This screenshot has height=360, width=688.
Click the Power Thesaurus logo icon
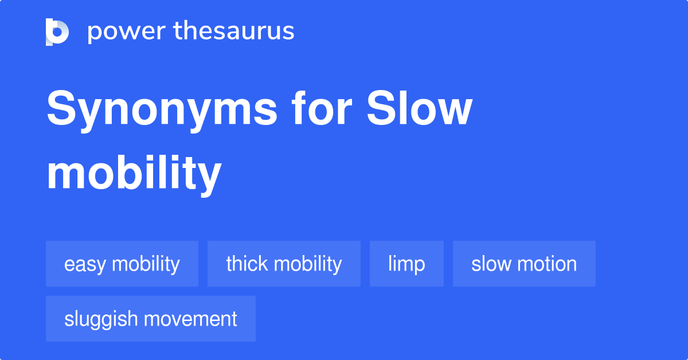(57, 32)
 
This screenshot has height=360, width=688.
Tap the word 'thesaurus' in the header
(234, 32)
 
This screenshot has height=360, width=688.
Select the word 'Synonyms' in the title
(162, 110)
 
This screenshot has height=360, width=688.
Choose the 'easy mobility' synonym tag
(122, 264)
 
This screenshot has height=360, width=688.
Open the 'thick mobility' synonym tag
(284, 264)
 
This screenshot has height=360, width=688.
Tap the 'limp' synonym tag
(406, 264)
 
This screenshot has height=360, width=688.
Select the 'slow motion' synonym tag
(524, 264)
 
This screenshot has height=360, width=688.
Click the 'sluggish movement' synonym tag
(151, 319)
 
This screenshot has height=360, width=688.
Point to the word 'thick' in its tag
(247, 264)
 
